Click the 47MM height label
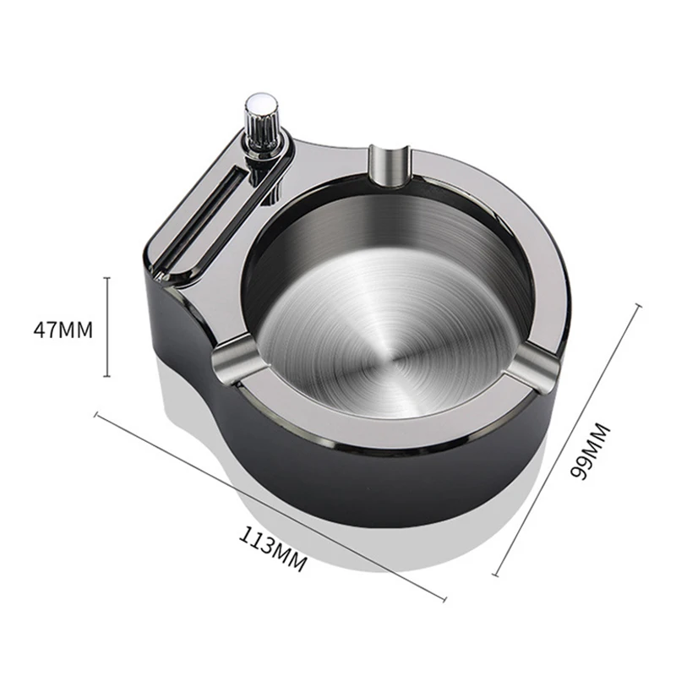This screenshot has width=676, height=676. click(63, 328)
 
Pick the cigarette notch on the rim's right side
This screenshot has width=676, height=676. click(534, 365)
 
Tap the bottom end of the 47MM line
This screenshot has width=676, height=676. click(107, 376)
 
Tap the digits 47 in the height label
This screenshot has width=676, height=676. click(46, 328)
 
